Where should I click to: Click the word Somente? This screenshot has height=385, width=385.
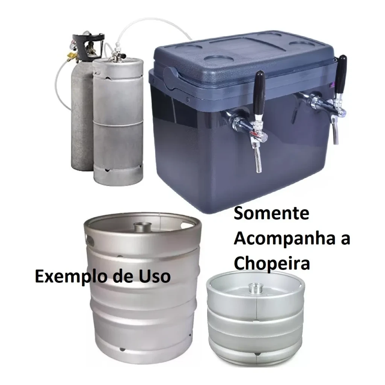click(271, 214)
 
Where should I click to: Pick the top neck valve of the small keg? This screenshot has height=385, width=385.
click(256, 287)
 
